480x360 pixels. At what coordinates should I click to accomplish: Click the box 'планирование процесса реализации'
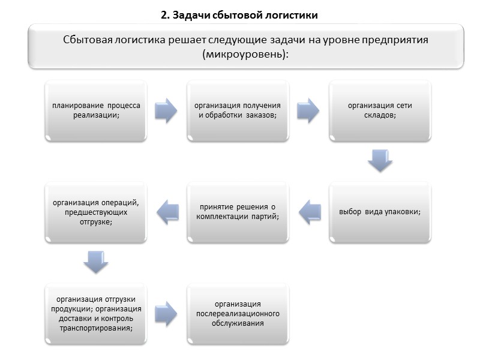tap(96, 111)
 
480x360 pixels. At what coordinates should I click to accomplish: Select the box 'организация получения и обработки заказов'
tap(238, 111)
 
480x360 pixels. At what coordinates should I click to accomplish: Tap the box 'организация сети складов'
tap(380, 111)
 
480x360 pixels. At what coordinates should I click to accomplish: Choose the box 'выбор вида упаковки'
tap(380, 212)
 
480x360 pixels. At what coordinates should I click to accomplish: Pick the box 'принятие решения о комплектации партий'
tap(238, 212)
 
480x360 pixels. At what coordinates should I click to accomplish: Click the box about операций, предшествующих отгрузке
tap(96, 212)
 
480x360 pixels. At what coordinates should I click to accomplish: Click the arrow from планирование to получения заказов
tap(166, 111)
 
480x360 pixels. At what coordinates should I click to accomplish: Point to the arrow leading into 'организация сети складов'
tap(308, 111)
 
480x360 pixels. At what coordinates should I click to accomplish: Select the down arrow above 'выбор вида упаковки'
tap(380, 160)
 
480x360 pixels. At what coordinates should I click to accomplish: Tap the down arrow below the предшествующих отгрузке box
tap(96, 261)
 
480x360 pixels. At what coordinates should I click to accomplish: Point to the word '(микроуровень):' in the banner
tap(246, 53)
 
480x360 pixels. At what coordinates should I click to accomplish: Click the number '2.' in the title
tap(166, 15)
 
